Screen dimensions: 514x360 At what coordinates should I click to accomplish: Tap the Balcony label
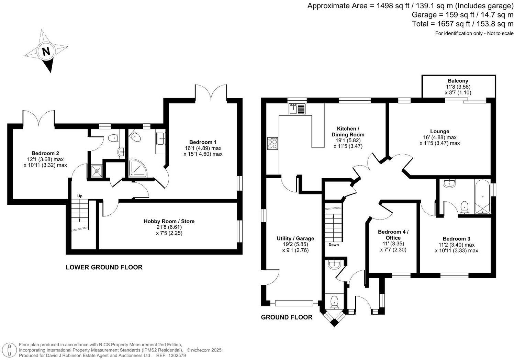[458, 81]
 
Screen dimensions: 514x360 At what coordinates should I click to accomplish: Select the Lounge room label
[440, 132]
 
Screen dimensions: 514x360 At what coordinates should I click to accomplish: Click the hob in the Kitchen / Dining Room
[272, 143]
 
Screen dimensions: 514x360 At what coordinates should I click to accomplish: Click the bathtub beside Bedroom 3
[482, 197]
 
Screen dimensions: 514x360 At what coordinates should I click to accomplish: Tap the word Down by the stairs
[333, 245]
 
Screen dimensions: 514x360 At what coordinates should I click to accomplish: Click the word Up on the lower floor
[80, 196]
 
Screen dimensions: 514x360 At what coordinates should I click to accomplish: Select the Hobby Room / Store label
[169, 222]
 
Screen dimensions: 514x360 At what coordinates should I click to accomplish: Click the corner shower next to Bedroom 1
[137, 168]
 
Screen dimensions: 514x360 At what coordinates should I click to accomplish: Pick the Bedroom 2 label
[45, 153]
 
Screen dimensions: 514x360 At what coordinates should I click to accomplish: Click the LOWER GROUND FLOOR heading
[104, 267]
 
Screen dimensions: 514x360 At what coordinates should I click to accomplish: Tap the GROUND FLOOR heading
[287, 317]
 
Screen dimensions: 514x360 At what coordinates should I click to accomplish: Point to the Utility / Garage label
[295, 238]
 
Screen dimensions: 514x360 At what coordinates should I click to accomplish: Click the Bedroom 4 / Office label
[393, 235]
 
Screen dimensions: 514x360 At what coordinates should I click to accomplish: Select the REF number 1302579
[177, 356]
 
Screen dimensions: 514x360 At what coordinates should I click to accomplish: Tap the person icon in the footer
[9, 350]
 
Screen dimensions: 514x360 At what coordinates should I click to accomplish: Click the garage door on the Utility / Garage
[294, 303]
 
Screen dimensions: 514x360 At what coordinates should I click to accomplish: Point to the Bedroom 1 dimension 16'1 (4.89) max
[203, 148]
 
